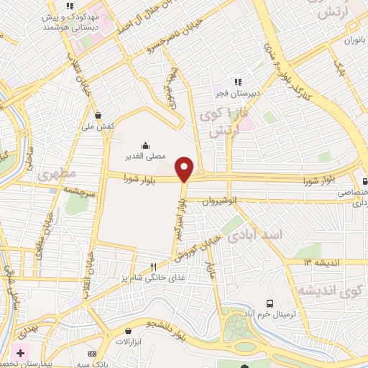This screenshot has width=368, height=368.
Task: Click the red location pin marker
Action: click(x=185, y=169)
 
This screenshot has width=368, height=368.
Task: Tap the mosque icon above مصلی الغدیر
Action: click(x=146, y=144)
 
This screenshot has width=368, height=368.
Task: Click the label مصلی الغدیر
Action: click(x=146, y=155)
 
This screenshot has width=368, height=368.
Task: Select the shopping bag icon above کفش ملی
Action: click(x=98, y=114)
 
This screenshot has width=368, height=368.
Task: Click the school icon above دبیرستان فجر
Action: click(x=236, y=82)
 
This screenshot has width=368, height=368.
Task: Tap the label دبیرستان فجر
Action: click(x=236, y=93)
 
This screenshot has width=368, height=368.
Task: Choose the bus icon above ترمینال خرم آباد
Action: click(x=270, y=303)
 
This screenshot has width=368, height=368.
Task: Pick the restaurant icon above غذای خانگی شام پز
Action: click(x=153, y=267)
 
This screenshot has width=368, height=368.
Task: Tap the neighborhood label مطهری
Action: click(x=52, y=175)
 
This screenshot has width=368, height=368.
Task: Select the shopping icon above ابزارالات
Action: click(x=126, y=332)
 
